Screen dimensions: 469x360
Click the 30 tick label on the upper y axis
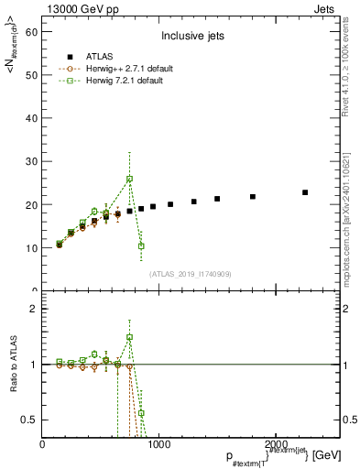pos(30,161)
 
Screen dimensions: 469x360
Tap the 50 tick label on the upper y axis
pos(30,75)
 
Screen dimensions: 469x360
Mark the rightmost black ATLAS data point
pos(305,192)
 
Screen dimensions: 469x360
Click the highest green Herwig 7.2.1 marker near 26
pos(130,179)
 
